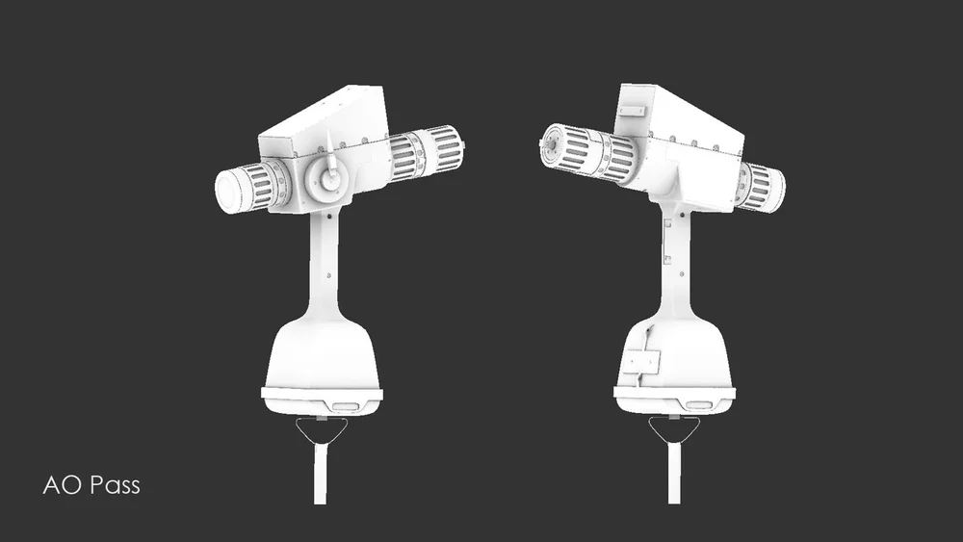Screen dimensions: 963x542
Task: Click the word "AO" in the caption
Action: (62, 485)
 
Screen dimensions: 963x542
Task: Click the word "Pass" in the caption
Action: (115, 485)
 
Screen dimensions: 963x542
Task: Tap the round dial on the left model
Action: (329, 179)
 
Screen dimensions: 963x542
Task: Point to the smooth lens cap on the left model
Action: (232, 189)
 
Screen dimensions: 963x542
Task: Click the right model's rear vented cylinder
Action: (761, 187)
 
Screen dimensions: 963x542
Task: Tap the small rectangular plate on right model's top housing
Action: (635, 111)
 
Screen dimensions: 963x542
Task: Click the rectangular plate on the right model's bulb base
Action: (640, 362)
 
